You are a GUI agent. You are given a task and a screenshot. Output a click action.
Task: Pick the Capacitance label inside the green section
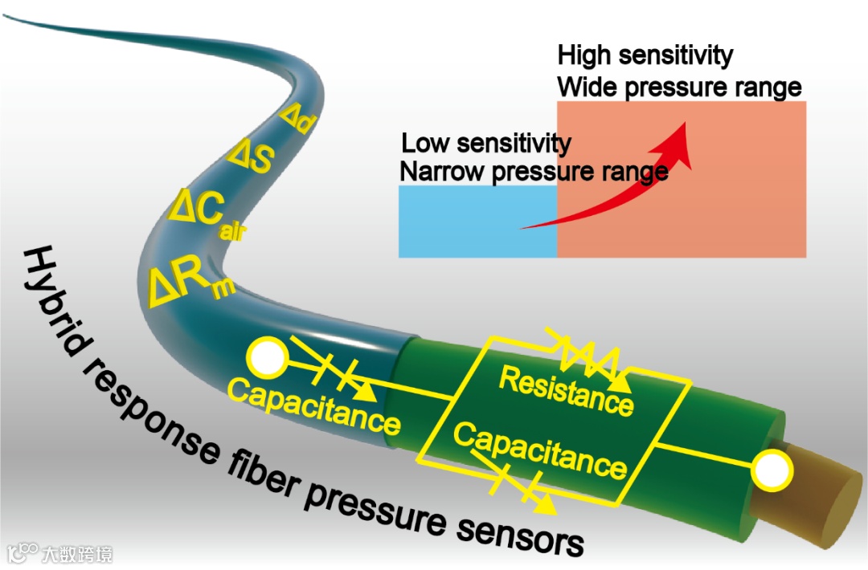[x=539, y=450]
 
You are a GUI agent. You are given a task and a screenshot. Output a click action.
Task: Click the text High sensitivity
[x=645, y=55]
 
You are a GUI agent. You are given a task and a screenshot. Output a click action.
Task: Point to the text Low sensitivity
[x=485, y=144]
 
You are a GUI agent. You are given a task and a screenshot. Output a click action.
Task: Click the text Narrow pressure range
[x=533, y=172]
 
